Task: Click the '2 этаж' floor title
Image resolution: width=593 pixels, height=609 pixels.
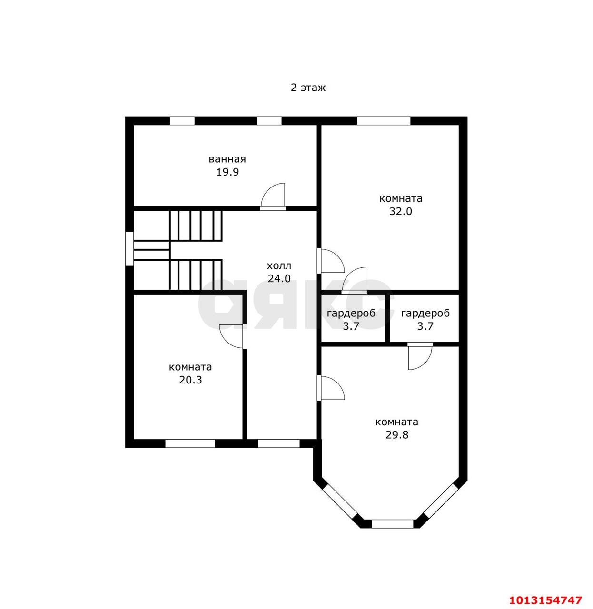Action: (x=308, y=88)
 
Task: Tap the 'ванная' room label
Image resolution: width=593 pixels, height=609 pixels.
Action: (x=227, y=159)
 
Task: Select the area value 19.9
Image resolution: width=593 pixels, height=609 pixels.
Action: (x=227, y=172)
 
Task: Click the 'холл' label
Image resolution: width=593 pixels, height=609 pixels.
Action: (x=279, y=266)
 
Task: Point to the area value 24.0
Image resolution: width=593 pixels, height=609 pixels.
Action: (x=279, y=278)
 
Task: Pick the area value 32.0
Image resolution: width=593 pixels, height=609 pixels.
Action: (x=401, y=212)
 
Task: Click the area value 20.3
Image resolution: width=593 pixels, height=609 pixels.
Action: (x=190, y=380)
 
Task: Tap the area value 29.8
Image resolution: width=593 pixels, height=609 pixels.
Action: (x=397, y=435)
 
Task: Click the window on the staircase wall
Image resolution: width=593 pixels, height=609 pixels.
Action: (x=129, y=248)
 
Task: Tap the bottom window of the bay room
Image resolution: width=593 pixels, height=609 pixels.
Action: (x=393, y=524)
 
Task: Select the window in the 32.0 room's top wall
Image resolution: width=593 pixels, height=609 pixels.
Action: (x=384, y=120)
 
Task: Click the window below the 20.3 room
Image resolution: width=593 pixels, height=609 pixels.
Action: (x=190, y=443)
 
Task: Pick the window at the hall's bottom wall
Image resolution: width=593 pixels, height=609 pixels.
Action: (x=279, y=443)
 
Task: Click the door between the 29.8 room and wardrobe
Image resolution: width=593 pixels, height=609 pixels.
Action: (x=420, y=356)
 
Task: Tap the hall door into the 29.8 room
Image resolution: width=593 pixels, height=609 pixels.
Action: (x=331, y=388)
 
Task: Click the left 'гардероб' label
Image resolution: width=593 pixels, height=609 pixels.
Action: (x=351, y=314)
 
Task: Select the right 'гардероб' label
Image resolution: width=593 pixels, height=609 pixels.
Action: (x=425, y=314)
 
